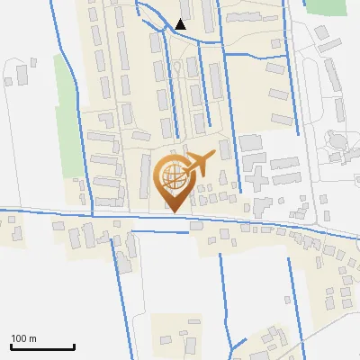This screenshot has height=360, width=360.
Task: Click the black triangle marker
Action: coord(181,24)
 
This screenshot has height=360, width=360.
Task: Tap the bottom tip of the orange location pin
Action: coord(172,211)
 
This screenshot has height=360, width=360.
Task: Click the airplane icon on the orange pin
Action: coord(199,165)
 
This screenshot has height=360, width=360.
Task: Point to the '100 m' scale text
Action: coord(24,338)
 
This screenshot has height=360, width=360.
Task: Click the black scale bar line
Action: coord(42,346)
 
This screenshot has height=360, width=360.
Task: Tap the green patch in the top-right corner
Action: coord(326,7)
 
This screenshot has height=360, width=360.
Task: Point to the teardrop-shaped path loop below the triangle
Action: coord(177,69)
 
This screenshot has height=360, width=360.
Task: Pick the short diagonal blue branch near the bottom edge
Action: coord(238,346)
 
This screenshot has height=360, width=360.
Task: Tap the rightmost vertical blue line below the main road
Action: coord(292,297)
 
